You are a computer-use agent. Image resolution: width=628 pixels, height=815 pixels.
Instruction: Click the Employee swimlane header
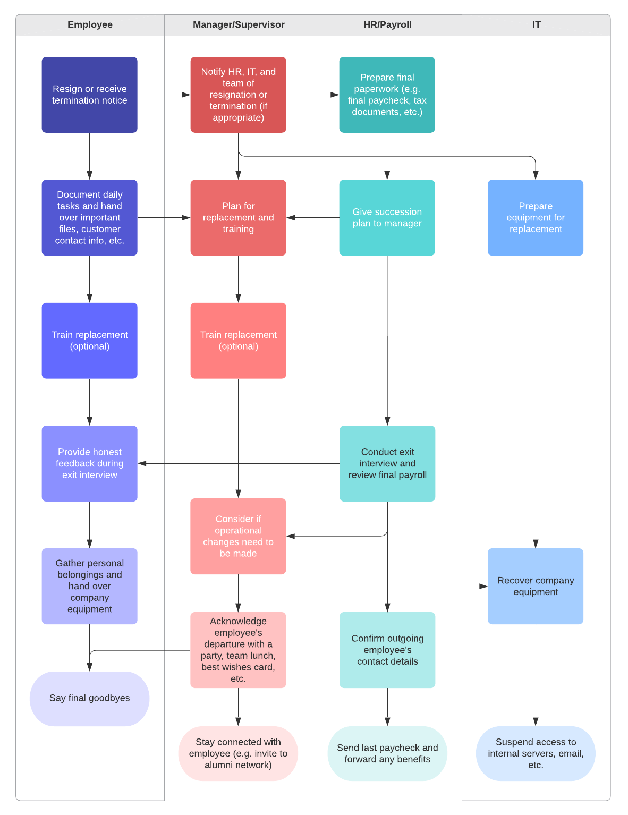coord(90,25)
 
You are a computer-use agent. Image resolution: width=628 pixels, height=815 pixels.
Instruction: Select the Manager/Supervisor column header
coord(239,25)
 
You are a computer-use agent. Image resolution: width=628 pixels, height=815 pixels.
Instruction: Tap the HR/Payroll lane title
coord(387,25)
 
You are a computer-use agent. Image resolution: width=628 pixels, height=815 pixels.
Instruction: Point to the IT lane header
coord(536,25)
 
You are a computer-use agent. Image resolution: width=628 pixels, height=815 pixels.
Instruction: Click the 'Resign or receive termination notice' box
coord(90,95)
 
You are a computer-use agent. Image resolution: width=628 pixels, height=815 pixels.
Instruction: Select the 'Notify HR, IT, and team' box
coord(239,95)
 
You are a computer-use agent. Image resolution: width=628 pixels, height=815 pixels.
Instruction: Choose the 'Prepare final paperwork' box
coord(387,95)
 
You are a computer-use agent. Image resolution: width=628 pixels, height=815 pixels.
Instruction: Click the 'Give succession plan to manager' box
coord(387,217)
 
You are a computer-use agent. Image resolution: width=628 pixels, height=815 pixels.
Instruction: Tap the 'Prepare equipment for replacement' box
coord(536,217)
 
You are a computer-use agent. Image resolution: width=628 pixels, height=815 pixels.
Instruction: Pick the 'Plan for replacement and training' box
coord(239,217)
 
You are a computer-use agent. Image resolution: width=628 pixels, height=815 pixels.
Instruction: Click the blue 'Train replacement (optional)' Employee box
coord(90,341)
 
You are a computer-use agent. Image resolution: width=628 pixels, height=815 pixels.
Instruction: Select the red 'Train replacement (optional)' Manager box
coord(239,341)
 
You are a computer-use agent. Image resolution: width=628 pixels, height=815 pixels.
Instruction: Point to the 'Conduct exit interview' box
coord(387,463)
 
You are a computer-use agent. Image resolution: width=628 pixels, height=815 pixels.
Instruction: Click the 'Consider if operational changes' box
coord(239,536)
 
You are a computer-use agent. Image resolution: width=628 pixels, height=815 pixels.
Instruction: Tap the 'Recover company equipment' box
coord(536,586)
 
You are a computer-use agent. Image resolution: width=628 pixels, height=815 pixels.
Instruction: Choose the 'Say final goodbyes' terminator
coord(90,699)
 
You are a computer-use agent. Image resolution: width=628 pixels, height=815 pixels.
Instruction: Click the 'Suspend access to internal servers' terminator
coord(536,753)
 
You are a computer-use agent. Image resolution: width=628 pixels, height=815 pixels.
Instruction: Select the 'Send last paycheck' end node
coord(387,753)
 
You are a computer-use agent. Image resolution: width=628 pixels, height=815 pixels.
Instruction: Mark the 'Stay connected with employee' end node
coord(239,753)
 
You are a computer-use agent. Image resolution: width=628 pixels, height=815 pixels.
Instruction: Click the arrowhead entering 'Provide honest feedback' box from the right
coord(142,463)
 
